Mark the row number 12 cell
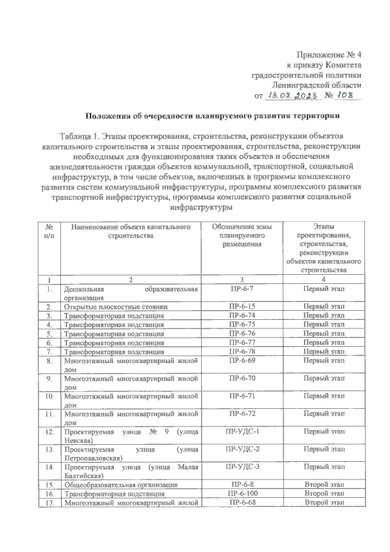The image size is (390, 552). pos(48,432)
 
